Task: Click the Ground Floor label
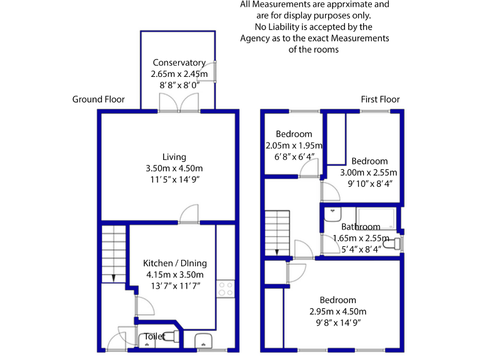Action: pos(98,99)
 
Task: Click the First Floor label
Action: pos(380,99)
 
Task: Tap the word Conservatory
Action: pos(179,62)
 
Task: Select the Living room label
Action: pos(174,157)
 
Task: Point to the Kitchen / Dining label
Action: pos(175,263)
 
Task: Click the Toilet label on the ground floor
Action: pos(154,336)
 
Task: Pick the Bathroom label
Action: pos(361,227)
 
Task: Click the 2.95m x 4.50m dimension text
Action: pos(337,311)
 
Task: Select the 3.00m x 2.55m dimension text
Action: pos(369,172)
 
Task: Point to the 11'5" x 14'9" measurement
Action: pos(174,180)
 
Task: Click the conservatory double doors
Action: pos(179,104)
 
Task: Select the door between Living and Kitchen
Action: pos(189,215)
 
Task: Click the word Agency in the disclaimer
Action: pos(256,38)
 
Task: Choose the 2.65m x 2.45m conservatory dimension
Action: pos(179,73)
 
